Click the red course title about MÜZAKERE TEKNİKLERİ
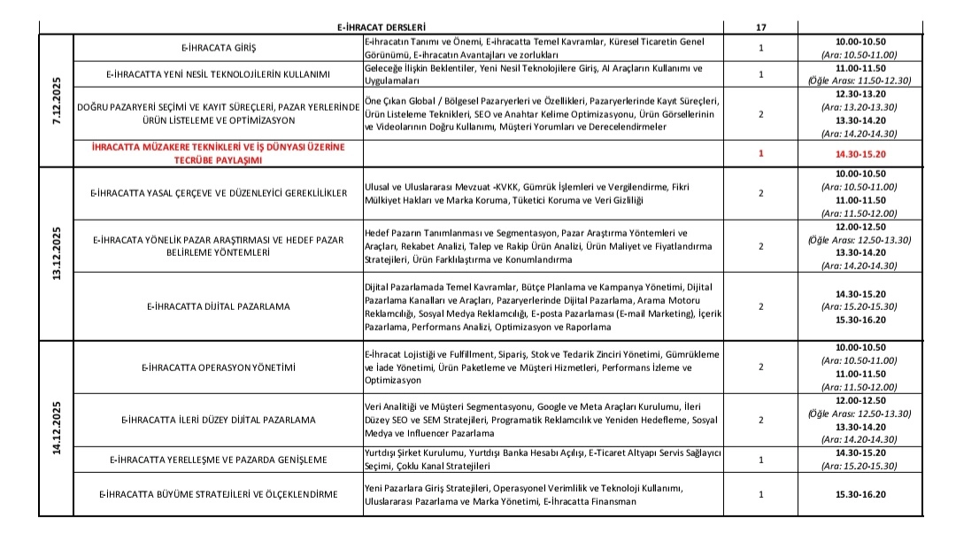(x=217, y=153)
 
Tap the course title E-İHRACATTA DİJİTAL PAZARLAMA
(x=217, y=306)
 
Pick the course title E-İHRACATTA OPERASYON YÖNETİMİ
(x=217, y=367)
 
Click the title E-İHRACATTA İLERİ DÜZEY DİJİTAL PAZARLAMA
(x=217, y=420)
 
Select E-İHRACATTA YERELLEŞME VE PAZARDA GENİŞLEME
(x=217, y=460)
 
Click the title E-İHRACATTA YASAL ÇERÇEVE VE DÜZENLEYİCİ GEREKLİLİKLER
(x=217, y=192)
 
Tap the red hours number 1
(x=761, y=153)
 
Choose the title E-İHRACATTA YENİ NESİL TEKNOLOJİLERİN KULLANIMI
(x=217, y=74)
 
